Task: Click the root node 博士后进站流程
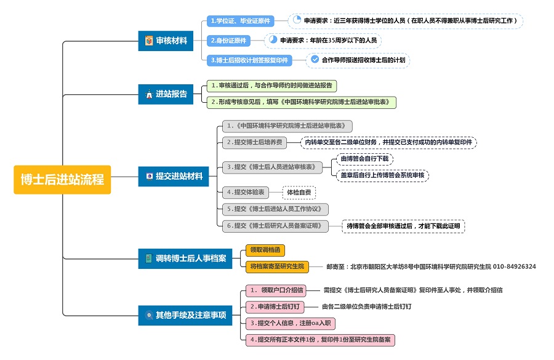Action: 62,180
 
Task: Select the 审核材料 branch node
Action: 166,41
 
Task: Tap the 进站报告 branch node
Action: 166,94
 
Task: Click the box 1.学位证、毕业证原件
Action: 241,21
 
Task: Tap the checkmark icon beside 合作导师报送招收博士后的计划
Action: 315,60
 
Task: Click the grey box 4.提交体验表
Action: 246,193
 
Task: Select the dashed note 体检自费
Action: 299,193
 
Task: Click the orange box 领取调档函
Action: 265,250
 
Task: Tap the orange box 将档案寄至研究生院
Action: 277,266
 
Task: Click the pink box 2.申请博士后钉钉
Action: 275,306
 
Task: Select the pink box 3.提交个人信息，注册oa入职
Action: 290,323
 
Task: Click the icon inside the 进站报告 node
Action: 148,95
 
